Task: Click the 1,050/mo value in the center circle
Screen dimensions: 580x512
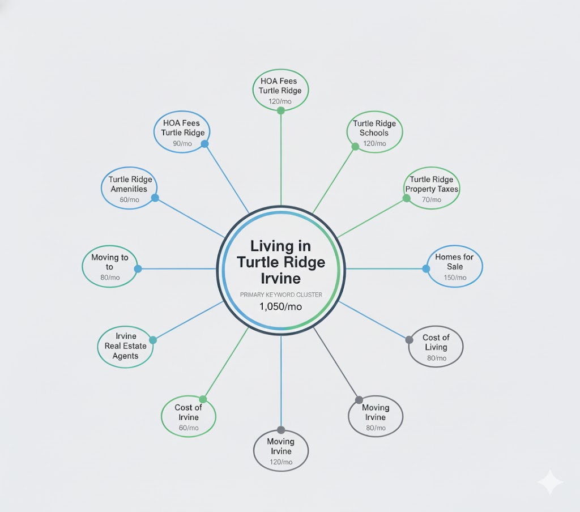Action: click(280, 306)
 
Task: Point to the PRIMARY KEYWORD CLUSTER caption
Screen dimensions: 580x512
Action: click(281, 295)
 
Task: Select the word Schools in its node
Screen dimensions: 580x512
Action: click(374, 133)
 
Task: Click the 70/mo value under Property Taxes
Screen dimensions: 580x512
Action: click(431, 199)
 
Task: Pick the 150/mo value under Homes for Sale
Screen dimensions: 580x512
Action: click(455, 278)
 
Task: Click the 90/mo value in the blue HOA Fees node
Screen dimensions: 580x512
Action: click(182, 143)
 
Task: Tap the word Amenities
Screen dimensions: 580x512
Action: click(129, 189)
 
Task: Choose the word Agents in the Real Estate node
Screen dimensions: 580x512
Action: click(125, 356)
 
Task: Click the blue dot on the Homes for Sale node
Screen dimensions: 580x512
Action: click(426, 269)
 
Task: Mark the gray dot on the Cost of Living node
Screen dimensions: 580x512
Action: click(409, 340)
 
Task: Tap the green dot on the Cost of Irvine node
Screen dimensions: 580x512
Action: click(203, 399)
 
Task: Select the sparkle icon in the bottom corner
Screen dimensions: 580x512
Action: click(551, 483)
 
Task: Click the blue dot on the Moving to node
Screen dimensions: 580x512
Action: click(138, 269)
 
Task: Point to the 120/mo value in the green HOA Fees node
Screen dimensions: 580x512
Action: click(280, 101)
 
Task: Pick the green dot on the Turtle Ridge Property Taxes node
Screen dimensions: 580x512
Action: click(407, 198)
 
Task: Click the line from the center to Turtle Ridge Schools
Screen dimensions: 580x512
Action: click(334, 181)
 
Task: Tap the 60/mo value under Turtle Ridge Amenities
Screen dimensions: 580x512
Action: click(130, 200)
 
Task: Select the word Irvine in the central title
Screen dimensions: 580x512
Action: click(281, 279)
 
